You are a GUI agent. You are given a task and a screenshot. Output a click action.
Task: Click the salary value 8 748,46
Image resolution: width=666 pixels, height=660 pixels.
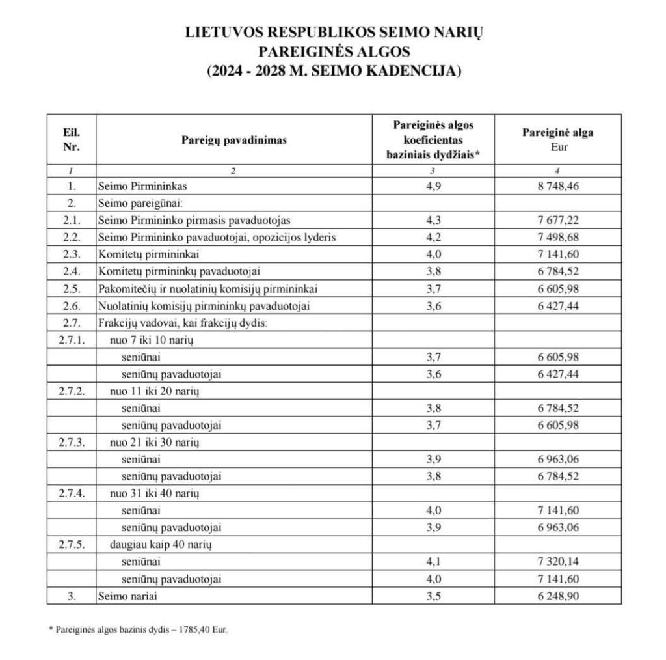(558, 186)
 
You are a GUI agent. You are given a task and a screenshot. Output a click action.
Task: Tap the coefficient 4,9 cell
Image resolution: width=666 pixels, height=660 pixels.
(433, 186)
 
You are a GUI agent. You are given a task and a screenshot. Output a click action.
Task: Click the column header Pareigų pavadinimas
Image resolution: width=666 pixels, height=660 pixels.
(233, 139)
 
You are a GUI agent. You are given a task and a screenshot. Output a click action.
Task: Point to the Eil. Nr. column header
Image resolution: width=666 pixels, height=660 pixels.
(72, 139)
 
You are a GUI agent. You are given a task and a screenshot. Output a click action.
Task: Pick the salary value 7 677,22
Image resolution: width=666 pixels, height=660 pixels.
(558, 220)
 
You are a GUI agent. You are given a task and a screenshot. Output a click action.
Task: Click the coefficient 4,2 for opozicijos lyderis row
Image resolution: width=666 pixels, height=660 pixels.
(433, 237)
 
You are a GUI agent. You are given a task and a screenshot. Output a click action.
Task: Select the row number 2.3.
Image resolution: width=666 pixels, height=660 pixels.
(72, 254)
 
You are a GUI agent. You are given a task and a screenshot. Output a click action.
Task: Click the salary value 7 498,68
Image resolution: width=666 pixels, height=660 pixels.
(558, 237)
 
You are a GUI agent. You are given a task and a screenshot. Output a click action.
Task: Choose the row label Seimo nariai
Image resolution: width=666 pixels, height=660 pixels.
(127, 596)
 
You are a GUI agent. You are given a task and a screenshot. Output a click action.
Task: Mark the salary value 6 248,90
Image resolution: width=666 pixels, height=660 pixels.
(558, 596)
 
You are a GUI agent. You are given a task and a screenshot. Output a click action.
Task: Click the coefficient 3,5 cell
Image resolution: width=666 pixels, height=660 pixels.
(433, 596)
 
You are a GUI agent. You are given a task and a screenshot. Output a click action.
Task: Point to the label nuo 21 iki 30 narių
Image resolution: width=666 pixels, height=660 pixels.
(154, 442)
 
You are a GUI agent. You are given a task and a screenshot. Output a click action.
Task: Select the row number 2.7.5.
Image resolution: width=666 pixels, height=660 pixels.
(72, 544)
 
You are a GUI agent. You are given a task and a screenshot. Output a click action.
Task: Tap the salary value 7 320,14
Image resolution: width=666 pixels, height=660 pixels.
(558, 561)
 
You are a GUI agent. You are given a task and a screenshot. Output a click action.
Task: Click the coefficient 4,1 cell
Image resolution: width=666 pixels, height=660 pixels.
(433, 561)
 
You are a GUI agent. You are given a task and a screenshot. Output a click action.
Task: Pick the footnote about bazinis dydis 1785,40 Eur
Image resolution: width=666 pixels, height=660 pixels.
(139, 630)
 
